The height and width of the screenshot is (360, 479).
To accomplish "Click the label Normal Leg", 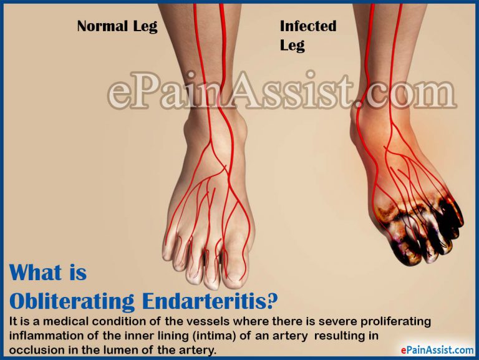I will point(117,26).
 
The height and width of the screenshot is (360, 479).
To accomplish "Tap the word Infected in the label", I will point(308,26).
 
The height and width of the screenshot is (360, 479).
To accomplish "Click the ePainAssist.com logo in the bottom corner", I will point(430,350).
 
